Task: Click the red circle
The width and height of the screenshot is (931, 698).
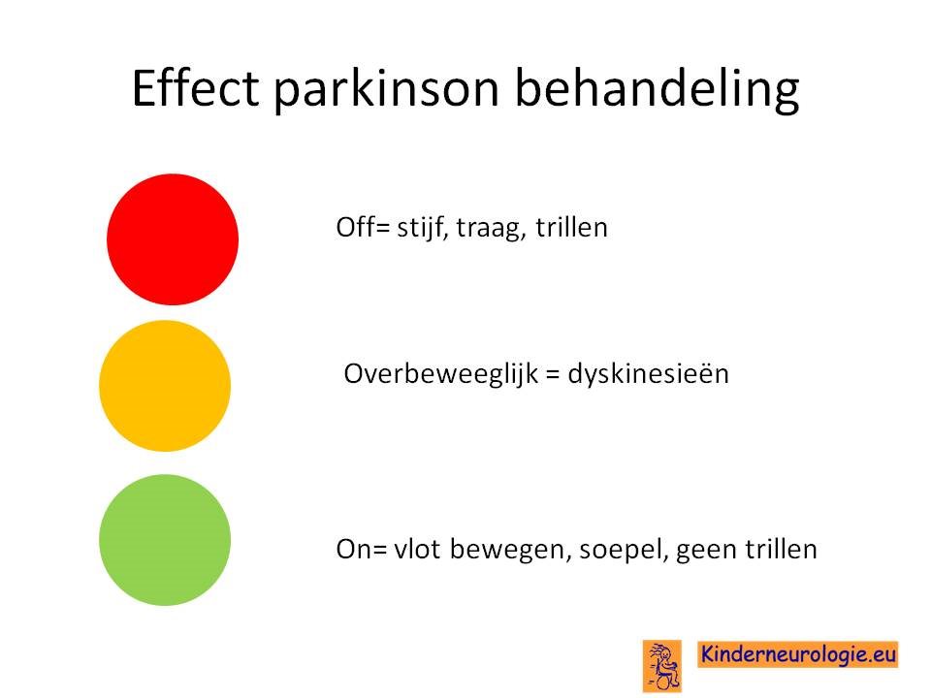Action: [173, 239]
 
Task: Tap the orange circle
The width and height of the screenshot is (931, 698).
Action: [165, 386]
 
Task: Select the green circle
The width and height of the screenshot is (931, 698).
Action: [165, 540]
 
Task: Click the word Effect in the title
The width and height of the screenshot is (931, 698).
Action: [195, 88]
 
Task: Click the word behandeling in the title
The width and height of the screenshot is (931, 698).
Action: [657, 89]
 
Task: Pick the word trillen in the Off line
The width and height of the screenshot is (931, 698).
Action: [572, 227]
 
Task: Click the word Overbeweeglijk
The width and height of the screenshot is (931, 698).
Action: [440, 375]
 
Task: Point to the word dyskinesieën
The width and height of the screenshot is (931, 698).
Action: [649, 375]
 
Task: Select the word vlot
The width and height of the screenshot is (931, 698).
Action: [417, 549]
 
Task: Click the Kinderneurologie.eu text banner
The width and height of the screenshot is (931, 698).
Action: [798, 654]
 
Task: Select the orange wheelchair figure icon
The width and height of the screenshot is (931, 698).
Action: [662, 666]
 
